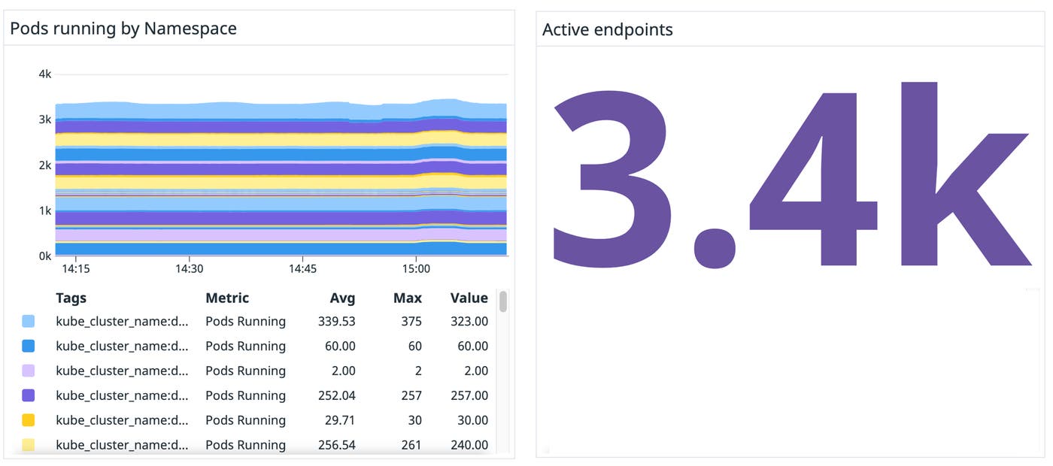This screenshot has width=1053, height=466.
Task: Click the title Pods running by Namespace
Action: pyautogui.click(x=123, y=29)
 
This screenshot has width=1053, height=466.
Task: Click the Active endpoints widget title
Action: pyautogui.click(x=607, y=29)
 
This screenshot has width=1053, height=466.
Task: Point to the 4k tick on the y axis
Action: pyautogui.click(x=44, y=74)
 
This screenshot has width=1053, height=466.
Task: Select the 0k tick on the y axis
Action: pyautogui.click(x=44, y=256)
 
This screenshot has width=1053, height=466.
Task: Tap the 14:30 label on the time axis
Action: pyautogui.click(x=189, y=269)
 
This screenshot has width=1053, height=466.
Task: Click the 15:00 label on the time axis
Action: pyautogui.click(x=416, y=269)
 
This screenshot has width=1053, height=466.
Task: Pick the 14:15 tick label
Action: pyautogui.click(x=75, y=269)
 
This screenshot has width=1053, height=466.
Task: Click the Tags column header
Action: pyautogui.click(x=71, y=298)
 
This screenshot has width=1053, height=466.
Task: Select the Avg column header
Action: pyautogui.click(x=342, y=298)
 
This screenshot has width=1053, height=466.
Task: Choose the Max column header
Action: pyautogui.click(x=407, y=298)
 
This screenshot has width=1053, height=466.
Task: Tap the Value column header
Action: pyautogui.click(x=469, y=298)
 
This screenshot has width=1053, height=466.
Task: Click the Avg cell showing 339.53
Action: pyautogui.click(x=336, y=322)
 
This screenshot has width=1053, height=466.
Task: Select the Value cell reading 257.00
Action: pyautogui.click(x=469, y=395)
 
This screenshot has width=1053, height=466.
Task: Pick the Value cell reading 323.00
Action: pyautogui.click(x=469, y=322)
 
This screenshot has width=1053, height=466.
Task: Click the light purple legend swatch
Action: pyautogui.click(x=29, y=371)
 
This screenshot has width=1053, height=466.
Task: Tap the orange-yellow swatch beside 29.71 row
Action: pyautogui.click(x=29, y=420)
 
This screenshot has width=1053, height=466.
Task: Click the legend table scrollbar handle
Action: pyautogui.click(x=503, y=301)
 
